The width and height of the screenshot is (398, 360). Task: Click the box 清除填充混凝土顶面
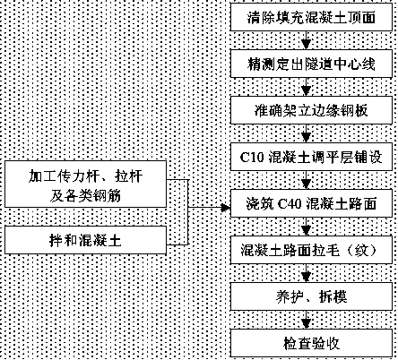[311, 17]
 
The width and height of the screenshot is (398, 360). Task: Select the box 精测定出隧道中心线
[311, 64]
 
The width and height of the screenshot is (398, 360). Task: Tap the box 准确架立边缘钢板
[311, 110]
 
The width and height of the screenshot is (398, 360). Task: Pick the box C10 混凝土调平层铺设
[311, 157]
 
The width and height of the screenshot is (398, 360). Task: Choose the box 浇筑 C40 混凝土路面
[311, 203]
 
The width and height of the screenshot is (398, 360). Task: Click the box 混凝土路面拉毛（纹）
[311, 250]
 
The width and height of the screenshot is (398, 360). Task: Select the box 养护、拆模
[311, 296]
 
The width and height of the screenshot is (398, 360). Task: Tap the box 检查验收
[311, 343]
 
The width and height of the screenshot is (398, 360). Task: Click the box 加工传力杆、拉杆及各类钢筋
[85, 184]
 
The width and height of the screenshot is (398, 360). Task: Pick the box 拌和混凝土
[85, 240]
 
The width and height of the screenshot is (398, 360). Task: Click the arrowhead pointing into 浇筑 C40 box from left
[226, 208]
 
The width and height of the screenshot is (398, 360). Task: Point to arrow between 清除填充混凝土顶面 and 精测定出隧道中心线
[306, 40]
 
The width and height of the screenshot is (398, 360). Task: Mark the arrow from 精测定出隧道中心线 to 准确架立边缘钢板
[306, 87]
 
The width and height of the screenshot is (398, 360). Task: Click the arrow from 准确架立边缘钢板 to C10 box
[306, 133]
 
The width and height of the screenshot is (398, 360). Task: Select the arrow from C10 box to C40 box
[306, 180]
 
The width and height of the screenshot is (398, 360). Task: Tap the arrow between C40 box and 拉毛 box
[306, 227]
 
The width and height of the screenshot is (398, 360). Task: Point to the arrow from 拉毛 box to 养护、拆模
[306, 273]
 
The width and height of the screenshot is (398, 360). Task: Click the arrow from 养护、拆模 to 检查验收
[306, 320]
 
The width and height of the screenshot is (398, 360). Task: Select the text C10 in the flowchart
[252, 158]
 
